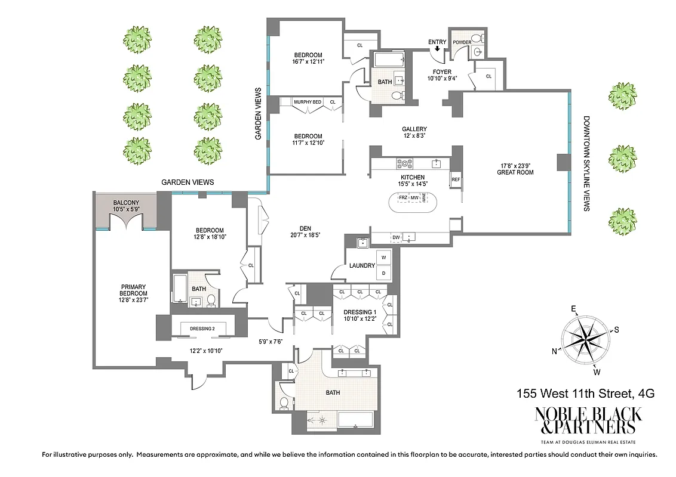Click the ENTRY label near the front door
(x=437, y=42)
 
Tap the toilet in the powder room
(x=476, y=38)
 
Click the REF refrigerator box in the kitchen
(x=456, y=179)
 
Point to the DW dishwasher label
(x=396, y=237)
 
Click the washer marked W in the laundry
(x=383, y=258)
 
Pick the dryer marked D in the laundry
(x=383, y=272)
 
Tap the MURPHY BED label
(x=308, y=103)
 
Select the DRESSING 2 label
(x=202, y=328)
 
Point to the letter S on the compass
(x=617, y=330)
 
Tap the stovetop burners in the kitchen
(x=405, y=163)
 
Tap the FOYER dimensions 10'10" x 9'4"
(x=443, y=79)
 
